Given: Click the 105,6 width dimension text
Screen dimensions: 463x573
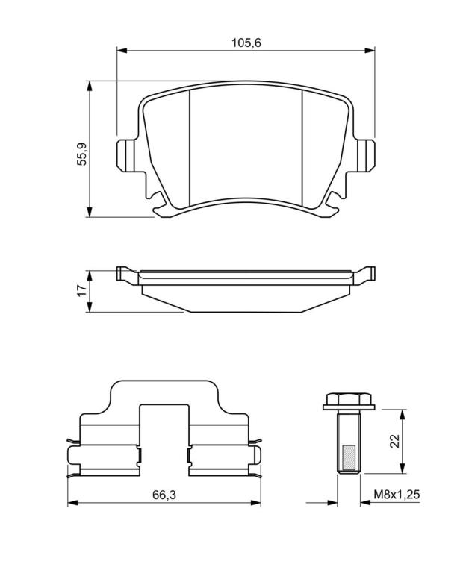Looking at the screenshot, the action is [x=246, y=43].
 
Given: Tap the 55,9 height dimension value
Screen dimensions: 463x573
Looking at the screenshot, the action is [x=82, y=154].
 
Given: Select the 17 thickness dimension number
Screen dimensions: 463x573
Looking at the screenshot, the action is [x=82, y=290].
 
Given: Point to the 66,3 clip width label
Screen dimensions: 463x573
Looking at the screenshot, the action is [x=164, y=495].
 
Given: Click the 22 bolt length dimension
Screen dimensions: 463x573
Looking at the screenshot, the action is [x=394, y=441].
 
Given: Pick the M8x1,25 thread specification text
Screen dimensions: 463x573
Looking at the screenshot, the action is [x=397, y=495].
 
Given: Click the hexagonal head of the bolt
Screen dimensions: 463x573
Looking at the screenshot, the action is [x=349, y=398].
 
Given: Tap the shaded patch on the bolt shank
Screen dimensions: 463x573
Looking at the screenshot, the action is [x=349, y=457].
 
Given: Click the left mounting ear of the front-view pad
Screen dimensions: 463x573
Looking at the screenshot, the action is [x=125, y=156].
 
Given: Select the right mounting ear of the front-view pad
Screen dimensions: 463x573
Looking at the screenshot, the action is [x=366, y=155].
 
